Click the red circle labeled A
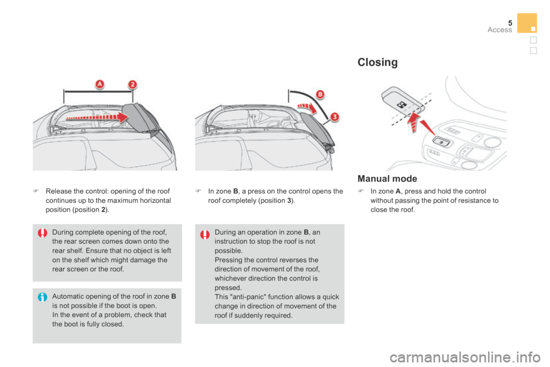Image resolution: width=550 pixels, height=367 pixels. [100, 84]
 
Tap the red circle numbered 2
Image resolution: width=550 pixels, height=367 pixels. [132, 84]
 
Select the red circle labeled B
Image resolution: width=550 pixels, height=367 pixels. [320, 94]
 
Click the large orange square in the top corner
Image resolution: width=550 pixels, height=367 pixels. [527, 22]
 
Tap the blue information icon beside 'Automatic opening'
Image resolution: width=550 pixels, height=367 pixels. [42, 298]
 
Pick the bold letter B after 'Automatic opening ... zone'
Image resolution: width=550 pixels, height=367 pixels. [173, 296]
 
